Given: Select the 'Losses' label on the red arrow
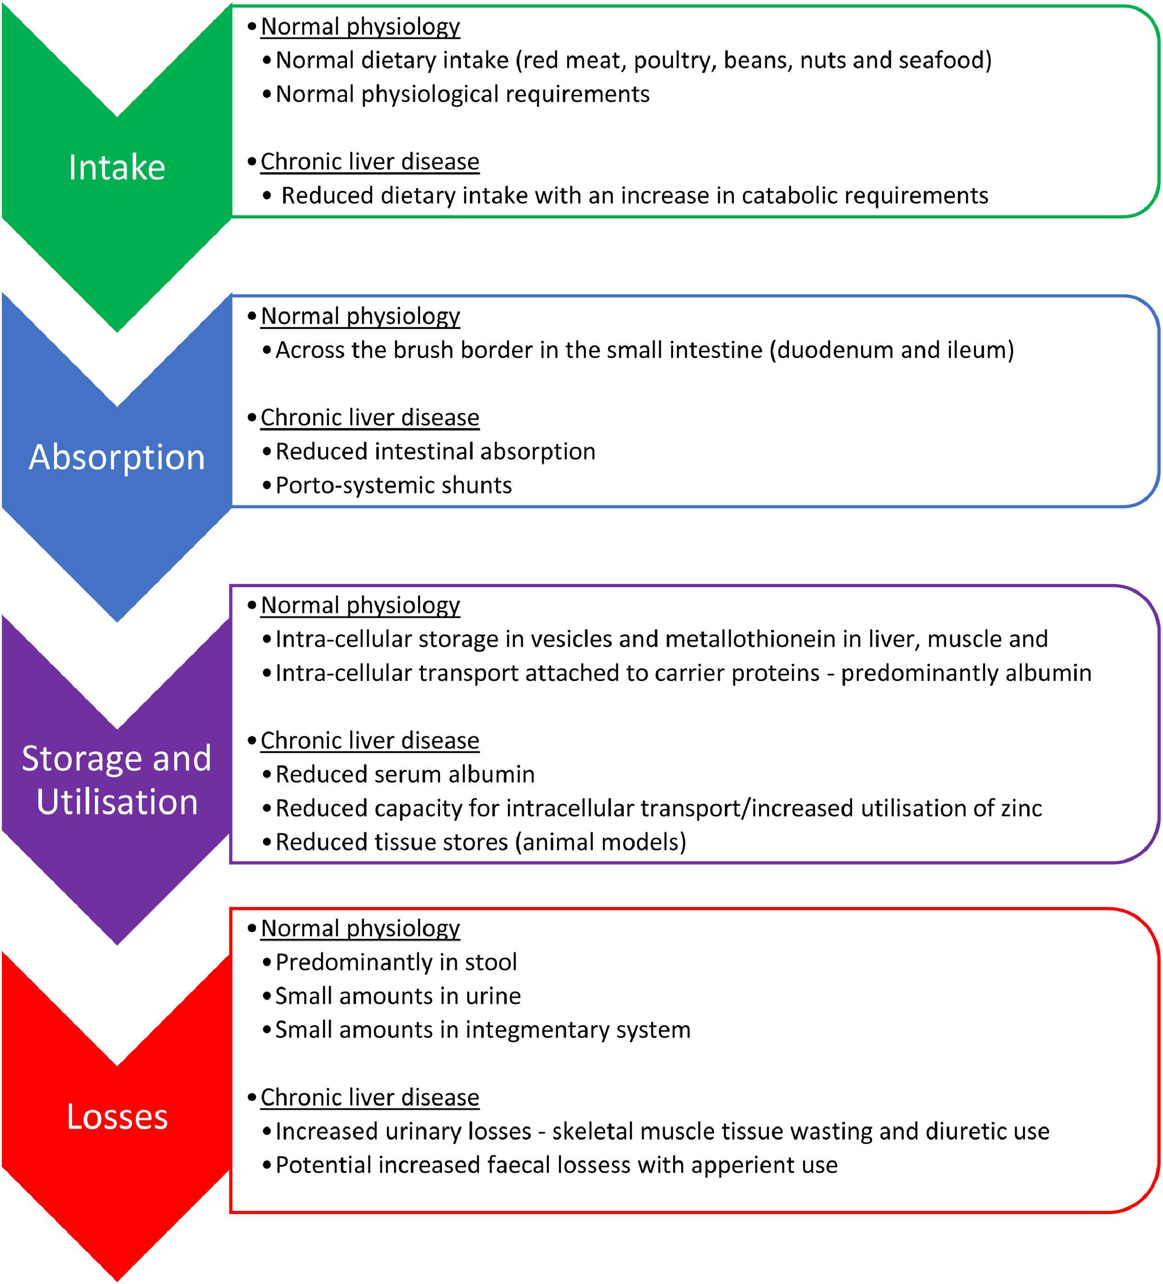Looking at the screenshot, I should pos(117,1116).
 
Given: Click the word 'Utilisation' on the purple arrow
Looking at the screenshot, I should pos(117,802).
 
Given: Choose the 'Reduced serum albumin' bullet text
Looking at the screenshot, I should pos(405,774).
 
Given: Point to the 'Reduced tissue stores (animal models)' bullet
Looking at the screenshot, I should pos(481,842).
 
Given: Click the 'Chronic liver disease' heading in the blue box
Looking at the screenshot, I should pos(370,418).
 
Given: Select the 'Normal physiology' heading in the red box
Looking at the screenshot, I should pos(360,928).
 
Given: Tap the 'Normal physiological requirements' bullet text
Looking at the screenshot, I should pos(462,94).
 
